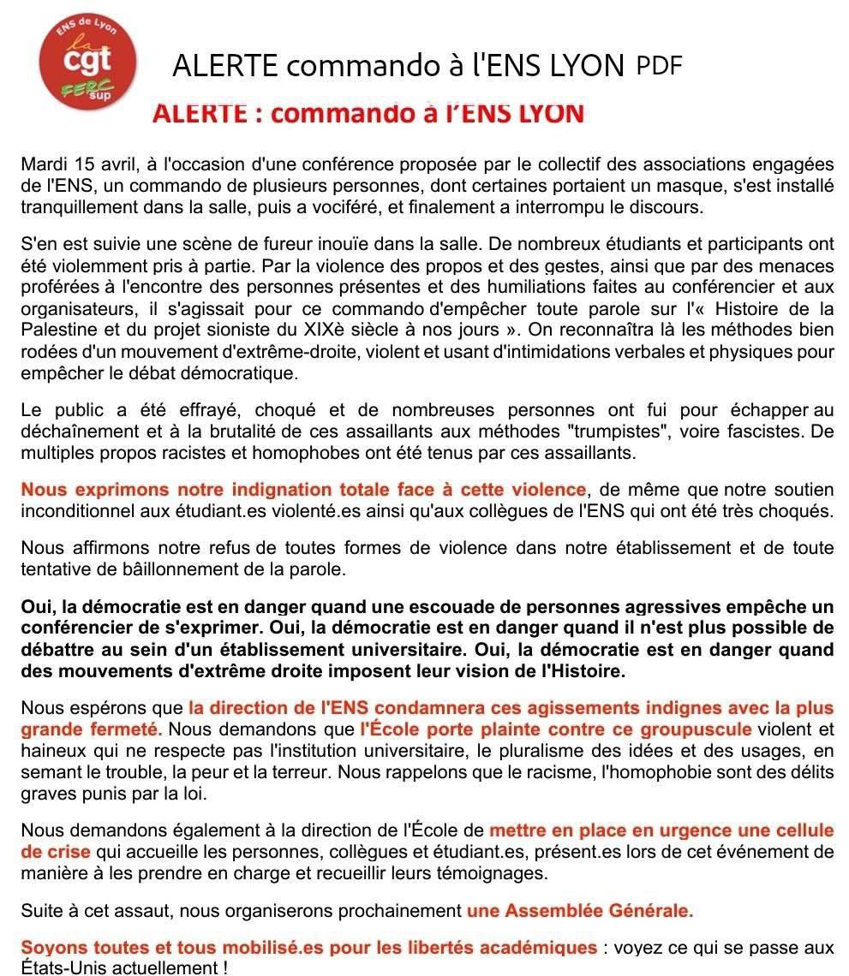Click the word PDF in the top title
(x=660, y=66)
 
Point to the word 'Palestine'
(x=56, y=330)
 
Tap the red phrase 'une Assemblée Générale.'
(x=580, y=911)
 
